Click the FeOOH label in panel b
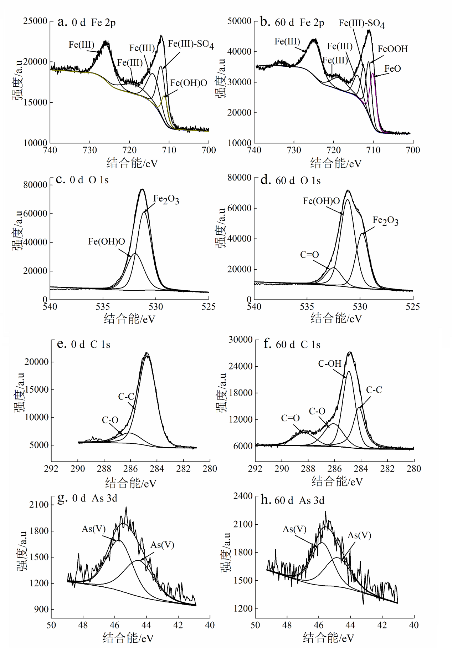[x=392, y=49]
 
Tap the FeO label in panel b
[x=392, y=68]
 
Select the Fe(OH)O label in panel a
[x=189, y=83]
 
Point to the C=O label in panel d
[x=309, y=255]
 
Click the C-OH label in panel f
[x=330, y=363]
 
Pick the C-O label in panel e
[x=110, y=420]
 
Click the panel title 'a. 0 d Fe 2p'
[x=87, y=22]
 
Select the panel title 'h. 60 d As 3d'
[x=292, y=500]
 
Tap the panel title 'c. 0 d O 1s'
[x=82, y=180]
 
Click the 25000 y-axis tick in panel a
[x=35, y=21]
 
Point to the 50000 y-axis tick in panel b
[x=240, y=21]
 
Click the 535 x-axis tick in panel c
[x=103, y=307]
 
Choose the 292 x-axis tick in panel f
[x=255, y=468]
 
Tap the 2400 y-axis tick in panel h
[x=243, y=496]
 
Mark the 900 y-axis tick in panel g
[x=41, y=609]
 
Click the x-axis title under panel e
[x=130, y=483]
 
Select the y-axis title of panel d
[x=221, y=228]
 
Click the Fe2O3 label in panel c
[x=166, y=199]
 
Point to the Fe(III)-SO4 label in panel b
[x=361, y=24]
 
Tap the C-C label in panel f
[x=374, y=390]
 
